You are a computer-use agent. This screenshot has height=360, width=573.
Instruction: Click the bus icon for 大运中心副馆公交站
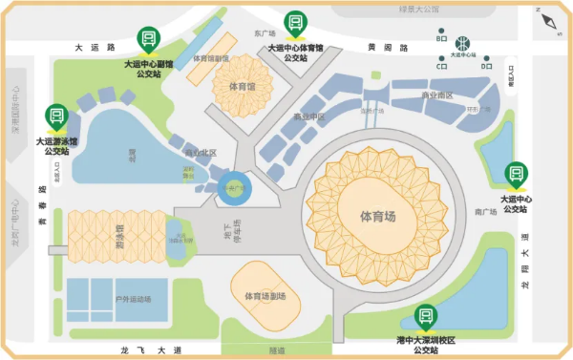(x=148, y=39)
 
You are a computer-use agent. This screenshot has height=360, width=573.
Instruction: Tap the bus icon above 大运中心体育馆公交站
(x=295, y=22)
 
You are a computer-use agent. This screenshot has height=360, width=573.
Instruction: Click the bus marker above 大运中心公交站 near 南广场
(x=517, y=173)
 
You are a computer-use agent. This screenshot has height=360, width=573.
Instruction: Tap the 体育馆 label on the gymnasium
(x=243, y=86)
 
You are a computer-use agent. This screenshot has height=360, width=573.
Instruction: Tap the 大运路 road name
(x=95, y=47)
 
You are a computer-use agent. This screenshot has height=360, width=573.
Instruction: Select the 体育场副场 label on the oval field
(x=265, y=295)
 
